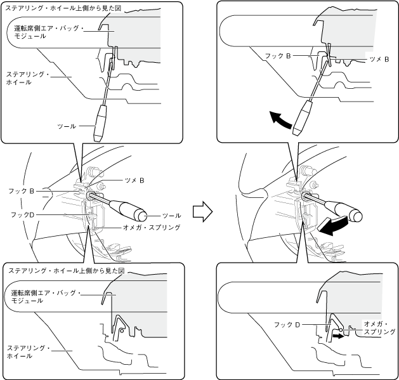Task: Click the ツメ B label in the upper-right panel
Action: tap(379, 58)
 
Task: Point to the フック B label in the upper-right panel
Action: tap(279, 56)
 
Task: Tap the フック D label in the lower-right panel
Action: tap(287, 324)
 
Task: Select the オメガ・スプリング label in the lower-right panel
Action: tap(379, 327)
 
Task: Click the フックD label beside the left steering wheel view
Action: tap(22, 216)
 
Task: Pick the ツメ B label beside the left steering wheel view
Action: tap(133, 180)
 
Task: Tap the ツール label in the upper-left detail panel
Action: tap(66, 126)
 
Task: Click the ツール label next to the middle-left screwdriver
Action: tap(171, 216)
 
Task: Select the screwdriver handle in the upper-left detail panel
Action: tap(101, 123)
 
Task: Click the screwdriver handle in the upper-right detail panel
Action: tap(303, 117)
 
